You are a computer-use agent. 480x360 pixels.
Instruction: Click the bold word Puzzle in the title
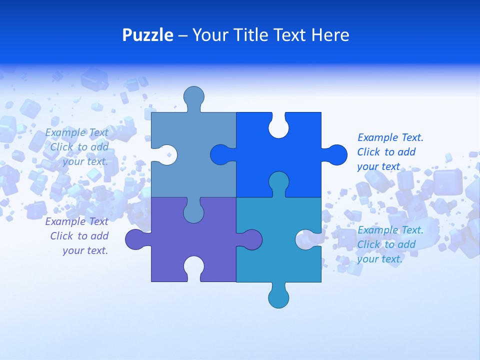(147, 35)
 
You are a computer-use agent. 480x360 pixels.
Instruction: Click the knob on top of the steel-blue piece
(193, 96)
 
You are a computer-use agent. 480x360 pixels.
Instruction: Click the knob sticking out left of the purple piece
(135, 239)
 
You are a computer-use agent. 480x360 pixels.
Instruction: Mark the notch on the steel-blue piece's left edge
(166, 154)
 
